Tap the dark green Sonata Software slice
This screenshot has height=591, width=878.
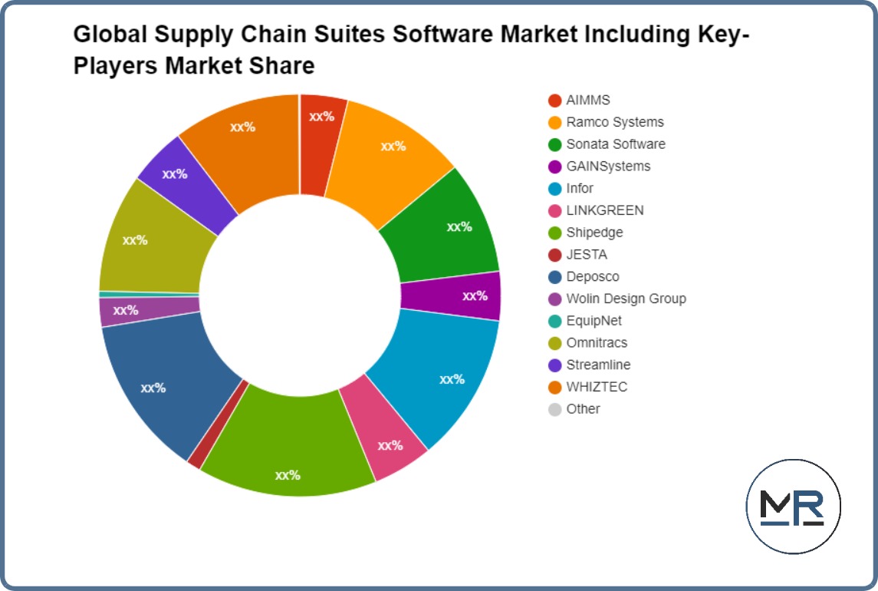point(449,226)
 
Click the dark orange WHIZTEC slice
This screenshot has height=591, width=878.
point(245,138)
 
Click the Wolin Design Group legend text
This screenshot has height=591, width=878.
point(626,299)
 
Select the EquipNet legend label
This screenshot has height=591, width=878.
point(594,321)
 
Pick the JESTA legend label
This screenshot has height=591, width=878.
point(587,255)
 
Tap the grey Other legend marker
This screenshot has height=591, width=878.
point(555,409)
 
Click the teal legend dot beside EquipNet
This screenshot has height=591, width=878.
point(555,321)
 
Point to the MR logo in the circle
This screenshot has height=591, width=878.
point(793,507)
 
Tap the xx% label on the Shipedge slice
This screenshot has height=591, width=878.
point(288,475)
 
